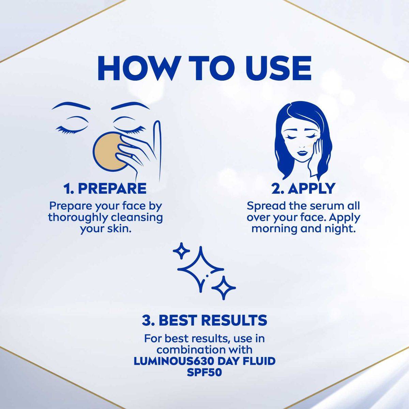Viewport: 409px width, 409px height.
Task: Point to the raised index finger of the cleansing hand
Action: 157,147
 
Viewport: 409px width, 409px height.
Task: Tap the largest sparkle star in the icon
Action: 201,270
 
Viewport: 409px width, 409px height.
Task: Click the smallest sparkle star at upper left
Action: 181,251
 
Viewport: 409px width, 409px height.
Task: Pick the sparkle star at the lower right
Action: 224,288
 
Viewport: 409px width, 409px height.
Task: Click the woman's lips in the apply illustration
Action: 302,153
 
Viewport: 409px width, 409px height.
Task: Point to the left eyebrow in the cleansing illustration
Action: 71,106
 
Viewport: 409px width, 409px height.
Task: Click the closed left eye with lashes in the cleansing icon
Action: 72,127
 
